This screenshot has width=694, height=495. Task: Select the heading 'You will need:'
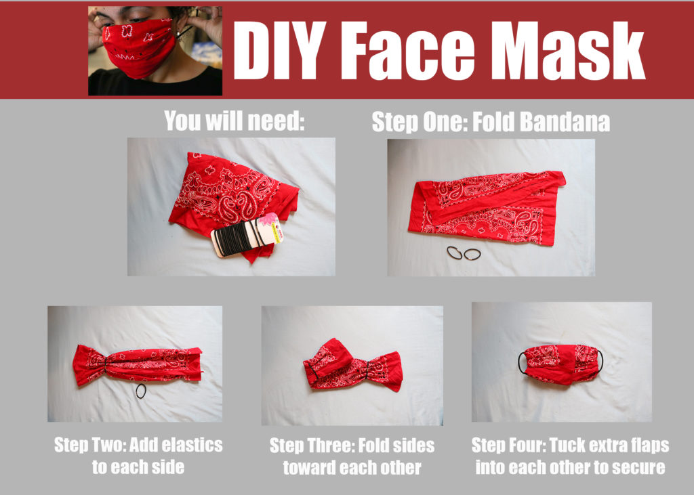[234, 121]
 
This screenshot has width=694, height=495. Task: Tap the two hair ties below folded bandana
[464, 254]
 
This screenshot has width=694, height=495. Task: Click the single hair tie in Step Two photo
[140, 391]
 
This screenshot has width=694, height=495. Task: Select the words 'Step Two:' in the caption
[89, 446]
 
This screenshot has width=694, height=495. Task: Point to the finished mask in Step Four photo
[560, 364]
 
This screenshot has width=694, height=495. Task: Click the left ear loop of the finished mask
[521, 362]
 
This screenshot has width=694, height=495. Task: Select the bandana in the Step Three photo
[352, 366]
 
